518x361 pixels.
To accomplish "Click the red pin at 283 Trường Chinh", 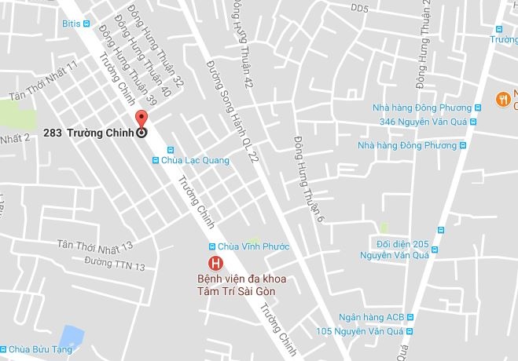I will tap(141, 120).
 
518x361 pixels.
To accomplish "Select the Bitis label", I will tap(71, 24).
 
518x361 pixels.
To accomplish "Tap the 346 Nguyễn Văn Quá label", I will tap(424, 121).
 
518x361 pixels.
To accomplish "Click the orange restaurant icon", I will tap(501, 98).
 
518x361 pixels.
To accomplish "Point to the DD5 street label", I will tap(360, 9).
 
